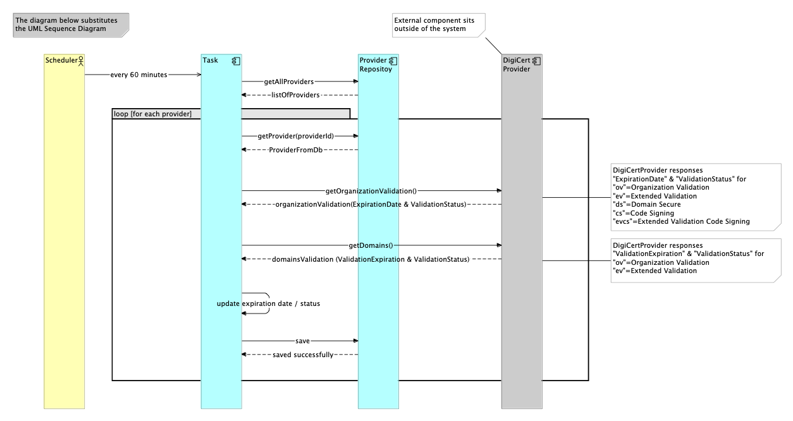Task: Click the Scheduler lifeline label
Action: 61,60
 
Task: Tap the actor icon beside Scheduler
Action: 81,61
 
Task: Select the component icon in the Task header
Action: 236,61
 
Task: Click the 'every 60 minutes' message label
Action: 138,75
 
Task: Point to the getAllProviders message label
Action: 289,82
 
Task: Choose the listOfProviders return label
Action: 295,95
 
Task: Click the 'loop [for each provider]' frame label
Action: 152,114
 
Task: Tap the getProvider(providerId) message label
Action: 295,136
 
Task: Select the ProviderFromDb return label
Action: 295,150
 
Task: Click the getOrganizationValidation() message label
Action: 371,191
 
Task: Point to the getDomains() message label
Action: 371,245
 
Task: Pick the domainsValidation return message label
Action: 371,259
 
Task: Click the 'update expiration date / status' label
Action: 268,303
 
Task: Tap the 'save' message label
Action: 302,341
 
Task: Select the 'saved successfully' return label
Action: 303,355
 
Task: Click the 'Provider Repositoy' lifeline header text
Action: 376,64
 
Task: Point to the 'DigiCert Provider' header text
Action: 517,64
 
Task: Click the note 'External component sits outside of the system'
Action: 439,25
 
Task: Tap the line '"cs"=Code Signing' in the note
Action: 643,213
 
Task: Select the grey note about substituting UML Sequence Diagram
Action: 71,25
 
